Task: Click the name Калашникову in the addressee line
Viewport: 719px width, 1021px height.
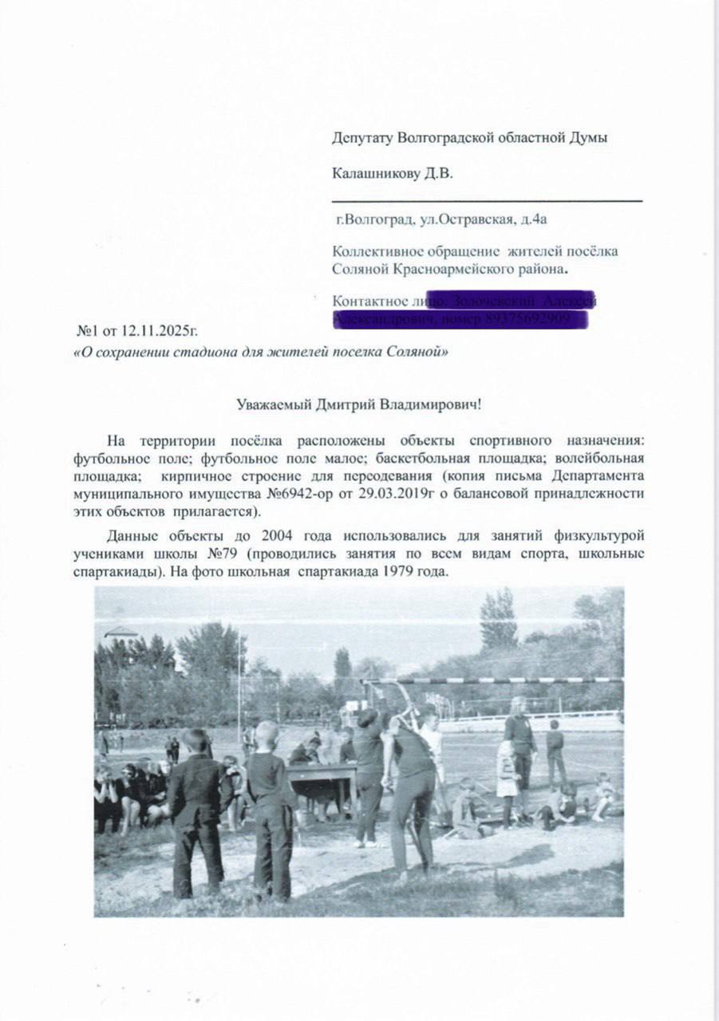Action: pos(370,173)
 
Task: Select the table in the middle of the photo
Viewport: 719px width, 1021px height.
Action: pos(322,772)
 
